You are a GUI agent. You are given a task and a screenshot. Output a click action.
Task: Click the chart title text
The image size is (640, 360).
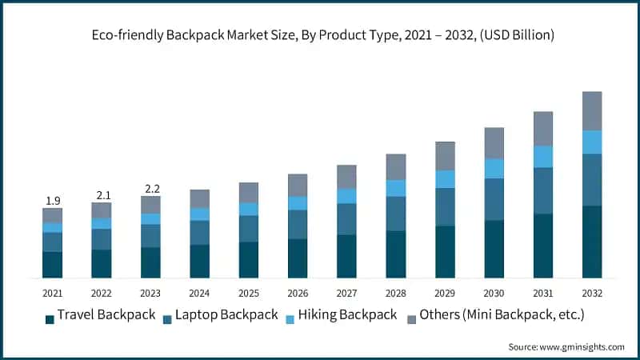click(x=320, y=35)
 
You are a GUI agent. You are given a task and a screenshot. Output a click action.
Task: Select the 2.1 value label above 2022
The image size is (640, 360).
click(x=102, y=195)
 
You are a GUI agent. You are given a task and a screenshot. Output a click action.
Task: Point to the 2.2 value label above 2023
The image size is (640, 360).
click(x=150, y=189)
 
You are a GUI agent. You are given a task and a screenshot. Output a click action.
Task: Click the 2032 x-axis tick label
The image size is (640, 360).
click(x=591, y=293)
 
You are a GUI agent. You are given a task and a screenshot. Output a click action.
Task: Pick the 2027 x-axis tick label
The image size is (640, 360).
click(x=346, y=293)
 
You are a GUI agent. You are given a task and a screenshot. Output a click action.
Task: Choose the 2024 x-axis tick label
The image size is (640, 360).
click(x=199, y=293)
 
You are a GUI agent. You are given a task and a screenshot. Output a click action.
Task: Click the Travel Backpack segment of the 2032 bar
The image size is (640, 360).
click(x=591, y=242)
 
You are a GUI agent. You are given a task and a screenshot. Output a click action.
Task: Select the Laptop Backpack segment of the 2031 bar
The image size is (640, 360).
click(x=542, y=190)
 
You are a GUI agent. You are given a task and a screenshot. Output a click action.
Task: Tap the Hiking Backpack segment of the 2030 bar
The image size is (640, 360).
click(x=494, y=168)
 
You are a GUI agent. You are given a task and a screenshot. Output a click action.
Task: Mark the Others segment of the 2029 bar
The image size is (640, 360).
click(x=445, y=156)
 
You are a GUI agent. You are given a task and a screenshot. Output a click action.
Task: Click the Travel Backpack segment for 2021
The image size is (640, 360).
click(x=52, y=265)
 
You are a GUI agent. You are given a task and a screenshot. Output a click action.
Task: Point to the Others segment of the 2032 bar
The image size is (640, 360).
click(x=591, y=110)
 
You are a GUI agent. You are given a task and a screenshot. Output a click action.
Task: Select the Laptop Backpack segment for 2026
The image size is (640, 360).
click(x=298, y=224)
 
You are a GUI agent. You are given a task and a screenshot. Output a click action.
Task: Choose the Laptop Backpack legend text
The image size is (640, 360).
click(x=227, y=314)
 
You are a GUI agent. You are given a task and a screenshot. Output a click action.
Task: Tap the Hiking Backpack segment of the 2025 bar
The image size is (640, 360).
click(x=249, y=209)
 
